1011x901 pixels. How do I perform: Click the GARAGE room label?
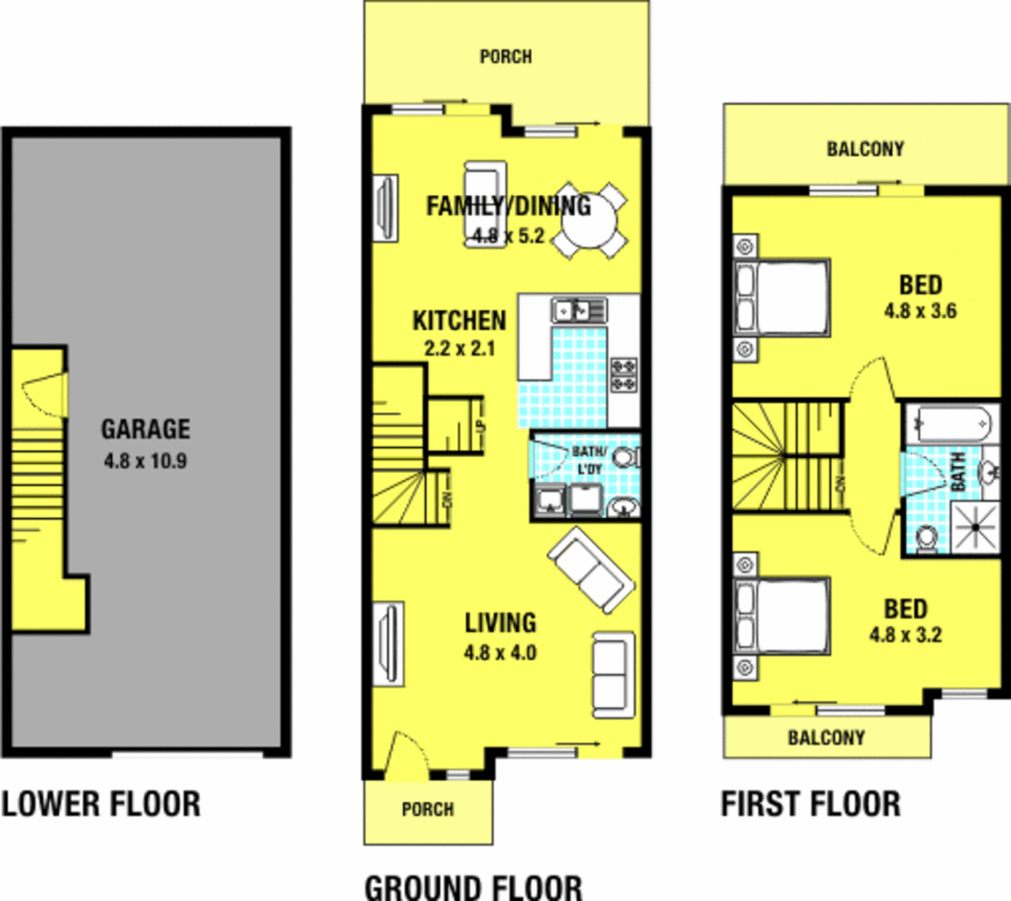(x=145, y=429)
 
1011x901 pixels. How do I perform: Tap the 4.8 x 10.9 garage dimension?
(x=145, y=461)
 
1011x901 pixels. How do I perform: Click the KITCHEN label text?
(x=459, y=321)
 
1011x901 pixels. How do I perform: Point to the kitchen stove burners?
(x=624, y=375)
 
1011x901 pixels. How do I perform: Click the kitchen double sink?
(x=579, y=310)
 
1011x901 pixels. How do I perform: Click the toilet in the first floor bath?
(x=925, y=539)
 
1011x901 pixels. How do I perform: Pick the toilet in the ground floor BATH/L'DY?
(x=626, y=457)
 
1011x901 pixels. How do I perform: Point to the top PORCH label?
(x=505, y=57)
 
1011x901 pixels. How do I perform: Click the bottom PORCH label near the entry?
(x=427, y=809)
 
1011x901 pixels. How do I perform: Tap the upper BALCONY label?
(x=865, y=149)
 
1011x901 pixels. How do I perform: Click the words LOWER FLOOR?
(x=101, y=804)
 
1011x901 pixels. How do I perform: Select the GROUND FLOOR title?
(x=473, y=886)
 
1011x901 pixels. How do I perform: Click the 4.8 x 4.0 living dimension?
(x=500, y=653)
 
